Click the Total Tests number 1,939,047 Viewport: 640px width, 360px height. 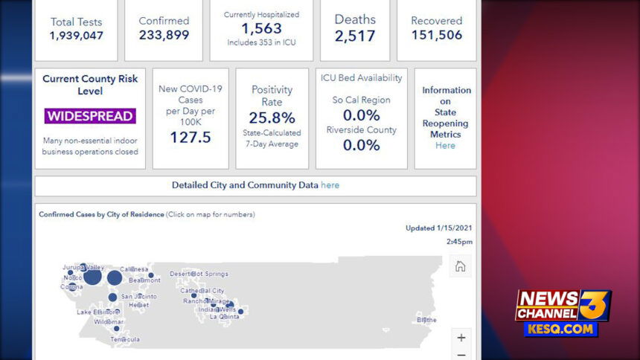76,36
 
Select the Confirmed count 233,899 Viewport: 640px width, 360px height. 164,35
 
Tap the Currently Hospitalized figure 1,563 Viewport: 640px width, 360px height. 261,28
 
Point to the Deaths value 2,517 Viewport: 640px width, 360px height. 355,35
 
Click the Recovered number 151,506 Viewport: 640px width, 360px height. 436,35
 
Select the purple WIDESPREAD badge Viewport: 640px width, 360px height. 90,116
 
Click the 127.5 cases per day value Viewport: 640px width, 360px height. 190,137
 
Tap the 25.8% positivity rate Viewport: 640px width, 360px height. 272,118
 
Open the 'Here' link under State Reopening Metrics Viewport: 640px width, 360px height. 445,146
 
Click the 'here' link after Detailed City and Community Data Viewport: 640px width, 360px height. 330,185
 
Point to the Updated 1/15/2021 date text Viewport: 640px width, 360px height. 438,228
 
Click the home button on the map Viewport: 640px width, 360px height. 460,266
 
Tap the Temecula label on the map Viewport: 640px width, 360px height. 125,339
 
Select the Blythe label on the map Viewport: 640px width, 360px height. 426,320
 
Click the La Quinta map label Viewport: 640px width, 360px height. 224,316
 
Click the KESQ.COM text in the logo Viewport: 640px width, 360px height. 560,328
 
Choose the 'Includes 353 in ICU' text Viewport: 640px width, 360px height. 261,43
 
